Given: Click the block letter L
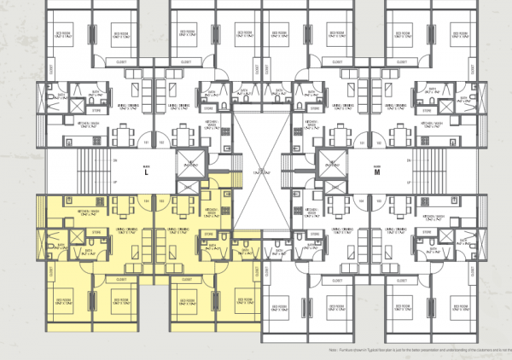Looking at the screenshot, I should pos(147,173).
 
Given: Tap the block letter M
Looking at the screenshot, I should pos(376,173).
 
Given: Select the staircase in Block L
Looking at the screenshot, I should pos(89,171).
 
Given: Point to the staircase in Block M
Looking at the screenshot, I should pos(433,171).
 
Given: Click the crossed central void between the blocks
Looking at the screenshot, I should pos(261,171).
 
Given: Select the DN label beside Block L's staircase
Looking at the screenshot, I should pos(113,160).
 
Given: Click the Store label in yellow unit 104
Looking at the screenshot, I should pos(96,232).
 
